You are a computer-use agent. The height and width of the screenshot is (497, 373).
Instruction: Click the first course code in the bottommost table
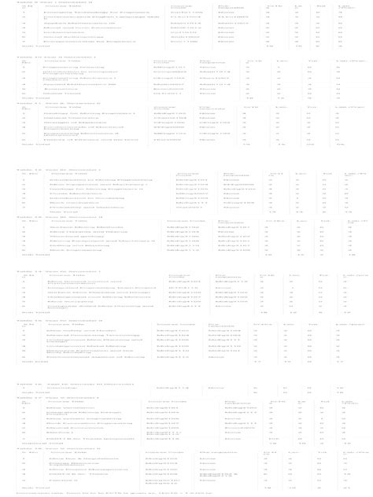(158, 459)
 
